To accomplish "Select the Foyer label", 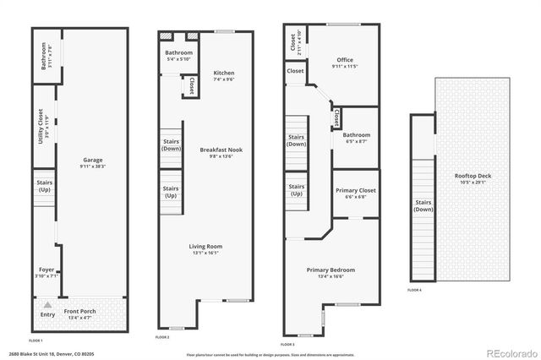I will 46,271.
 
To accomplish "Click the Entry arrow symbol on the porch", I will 48,304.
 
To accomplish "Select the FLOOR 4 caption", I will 413,290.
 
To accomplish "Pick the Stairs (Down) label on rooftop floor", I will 423,205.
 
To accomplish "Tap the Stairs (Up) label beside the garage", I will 43,185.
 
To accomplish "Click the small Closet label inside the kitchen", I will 192,85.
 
